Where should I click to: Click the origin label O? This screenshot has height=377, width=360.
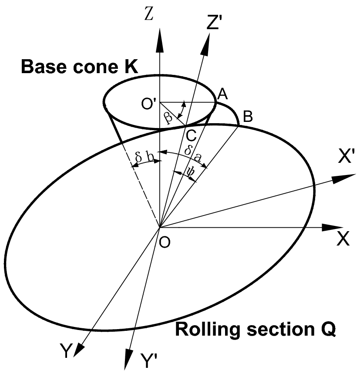tap(165, 242)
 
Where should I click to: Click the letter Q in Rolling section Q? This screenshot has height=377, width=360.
tap(327, 330)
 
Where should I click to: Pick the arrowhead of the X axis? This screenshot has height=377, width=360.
tap(333, 227)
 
